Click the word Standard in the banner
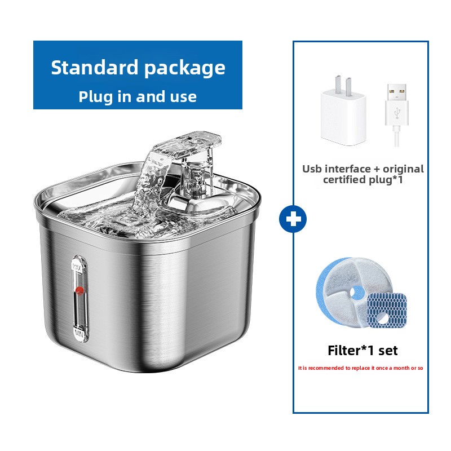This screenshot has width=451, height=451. pos(95,68)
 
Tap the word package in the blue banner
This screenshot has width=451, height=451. pos(185,69)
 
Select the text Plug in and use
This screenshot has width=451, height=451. pos(138,96)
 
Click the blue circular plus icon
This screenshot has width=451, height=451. pos(293,219)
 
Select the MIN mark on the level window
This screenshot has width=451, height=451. pos(79,334)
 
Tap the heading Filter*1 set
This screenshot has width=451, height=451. pos(362,351)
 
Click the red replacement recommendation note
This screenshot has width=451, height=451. pos(360,368)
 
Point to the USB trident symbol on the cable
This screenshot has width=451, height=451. pos(397,113)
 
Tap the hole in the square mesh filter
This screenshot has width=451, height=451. pos(382,318)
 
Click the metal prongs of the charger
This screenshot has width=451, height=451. pos(343,83)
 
